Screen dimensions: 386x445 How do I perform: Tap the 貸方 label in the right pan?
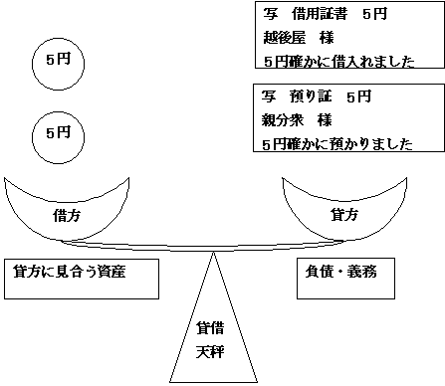pyautogui.click(x=340, y=214)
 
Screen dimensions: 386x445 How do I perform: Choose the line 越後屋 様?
pyautogui.click(x=300, y=37)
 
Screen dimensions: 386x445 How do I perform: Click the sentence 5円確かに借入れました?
pyautogui.click(x=335, y=59)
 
